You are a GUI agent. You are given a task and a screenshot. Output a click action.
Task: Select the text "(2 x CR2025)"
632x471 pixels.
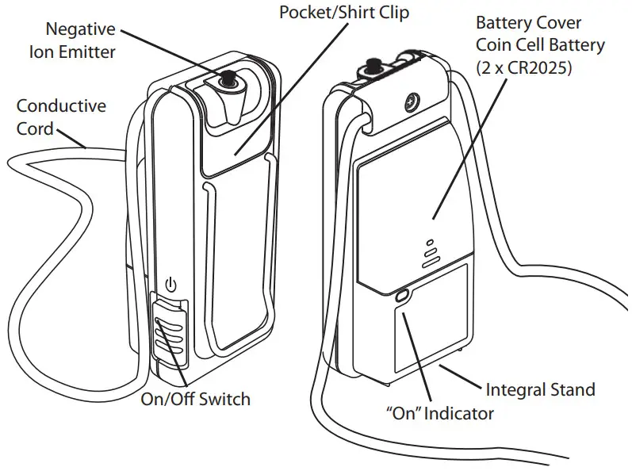click(524, 69)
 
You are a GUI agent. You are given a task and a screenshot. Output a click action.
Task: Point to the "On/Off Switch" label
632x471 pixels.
click(194, 399)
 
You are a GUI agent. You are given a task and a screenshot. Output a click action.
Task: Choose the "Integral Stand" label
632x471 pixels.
click(540, 389)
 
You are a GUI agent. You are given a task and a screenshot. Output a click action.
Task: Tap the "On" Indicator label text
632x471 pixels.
click(439, 414)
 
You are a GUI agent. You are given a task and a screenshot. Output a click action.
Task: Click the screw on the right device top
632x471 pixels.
click(412, 102)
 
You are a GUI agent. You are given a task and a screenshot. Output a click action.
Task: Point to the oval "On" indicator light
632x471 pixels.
click(400, 296)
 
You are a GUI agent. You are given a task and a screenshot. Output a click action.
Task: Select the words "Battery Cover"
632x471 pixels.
click(528, 24)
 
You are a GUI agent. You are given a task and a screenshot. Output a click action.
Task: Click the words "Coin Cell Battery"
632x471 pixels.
click(539, 46)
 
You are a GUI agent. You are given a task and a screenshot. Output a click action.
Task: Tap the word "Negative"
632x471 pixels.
click(81, 30)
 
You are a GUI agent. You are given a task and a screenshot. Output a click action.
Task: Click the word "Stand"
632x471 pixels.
click(572, 389)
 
